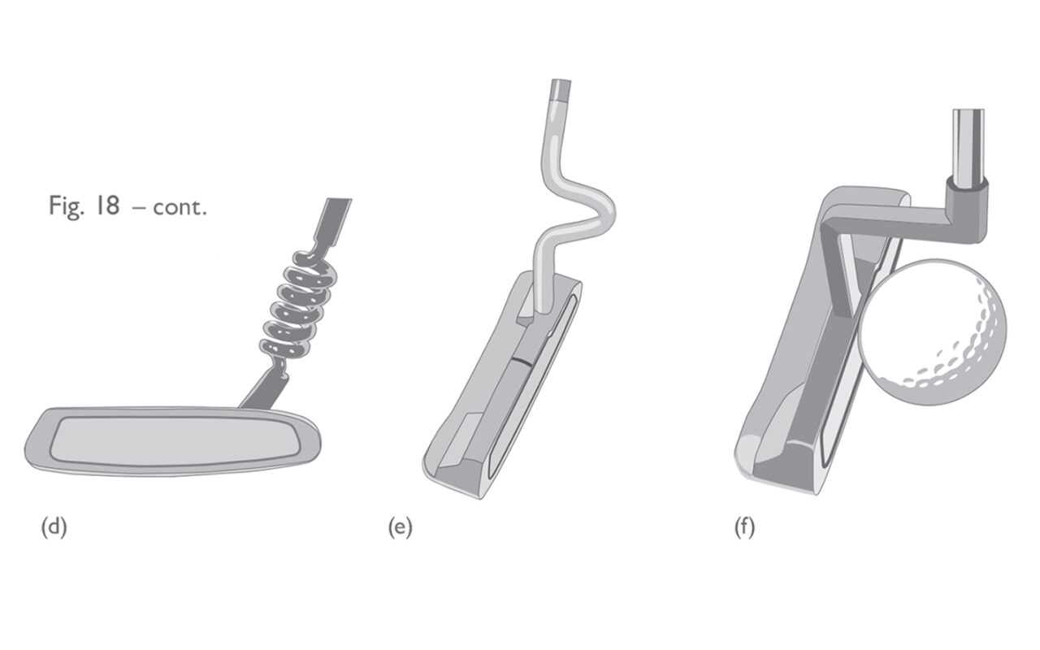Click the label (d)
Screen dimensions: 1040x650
click(54, 527)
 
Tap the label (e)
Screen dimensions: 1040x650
click(401, 527)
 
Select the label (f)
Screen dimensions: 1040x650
click(745, 527)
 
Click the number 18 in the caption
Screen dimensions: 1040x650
click(107, 206)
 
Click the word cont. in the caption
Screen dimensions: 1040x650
click(180, 207)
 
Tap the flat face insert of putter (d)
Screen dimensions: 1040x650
click(175, 440)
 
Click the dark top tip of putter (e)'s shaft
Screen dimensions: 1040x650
click(561, 90)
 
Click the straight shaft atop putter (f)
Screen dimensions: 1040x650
click(968, 146)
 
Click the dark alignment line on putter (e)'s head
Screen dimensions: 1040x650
click(523, 360)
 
